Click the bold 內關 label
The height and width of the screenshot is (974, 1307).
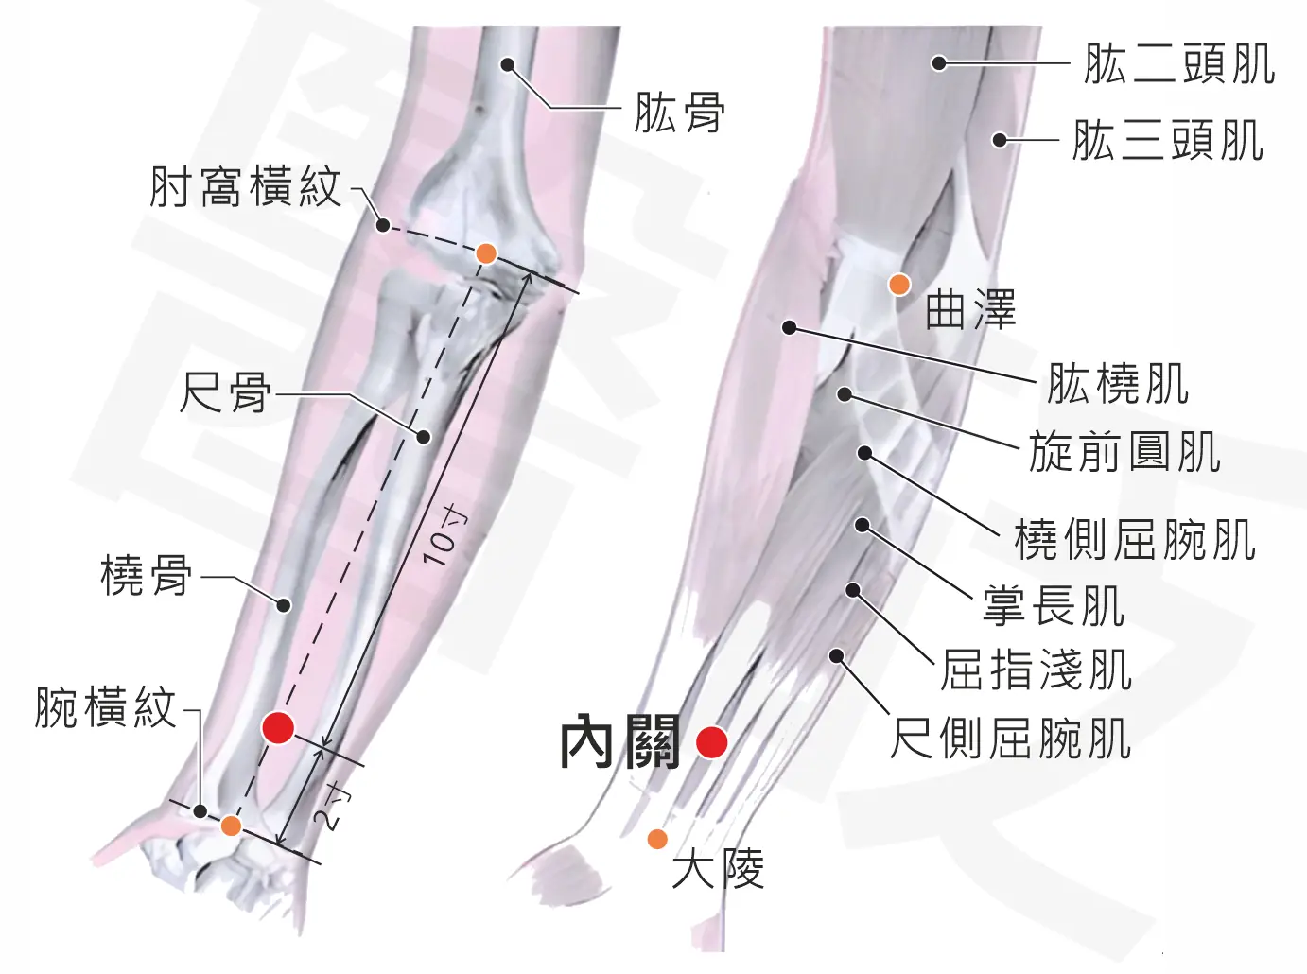(621, 742)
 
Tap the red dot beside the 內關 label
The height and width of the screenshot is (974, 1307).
(712, 742)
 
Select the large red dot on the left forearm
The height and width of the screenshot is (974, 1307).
(278, 727)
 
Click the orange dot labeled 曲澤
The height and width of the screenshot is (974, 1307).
(899, 285)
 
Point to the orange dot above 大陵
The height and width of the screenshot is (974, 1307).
(656, 839)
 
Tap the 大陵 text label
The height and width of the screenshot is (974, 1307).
(718, 870)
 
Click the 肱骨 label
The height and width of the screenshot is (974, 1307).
(680, 112)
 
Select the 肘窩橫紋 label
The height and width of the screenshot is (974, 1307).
(245, 187)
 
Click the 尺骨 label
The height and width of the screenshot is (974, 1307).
(225, 393)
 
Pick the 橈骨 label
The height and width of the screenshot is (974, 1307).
(147, 575)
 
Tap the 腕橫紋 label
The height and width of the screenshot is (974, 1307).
(106, 708)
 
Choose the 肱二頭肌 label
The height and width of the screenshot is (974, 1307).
(1179, 63)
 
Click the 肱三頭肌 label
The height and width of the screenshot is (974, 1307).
(1168, 141)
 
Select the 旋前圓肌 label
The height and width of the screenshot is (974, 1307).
(1125, 452)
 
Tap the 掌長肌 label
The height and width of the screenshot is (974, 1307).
(1054, 606)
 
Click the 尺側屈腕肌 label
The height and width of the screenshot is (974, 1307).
(1011, 739)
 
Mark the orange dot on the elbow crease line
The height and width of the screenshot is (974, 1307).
(486, 253)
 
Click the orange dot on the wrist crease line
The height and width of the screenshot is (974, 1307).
(231, 826)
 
